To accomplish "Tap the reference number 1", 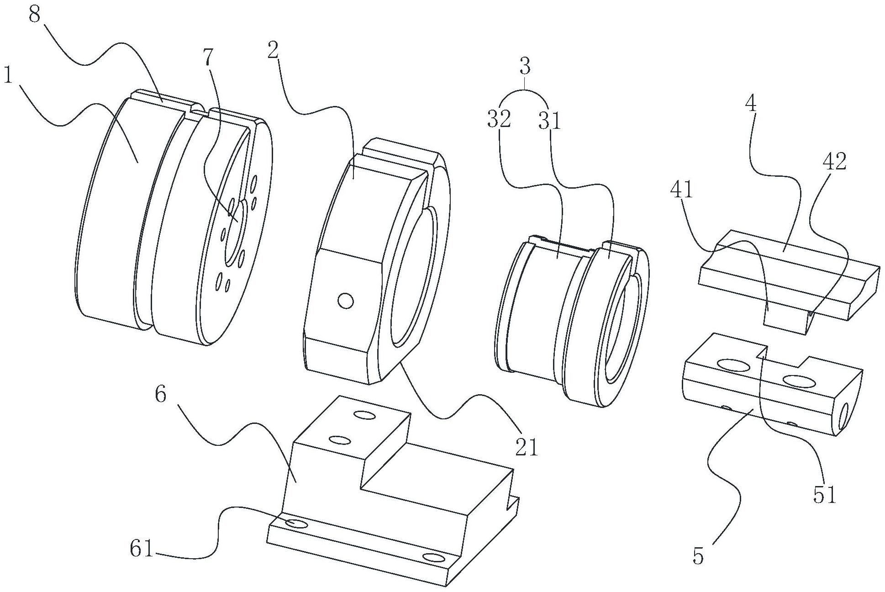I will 8,75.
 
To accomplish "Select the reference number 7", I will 208,58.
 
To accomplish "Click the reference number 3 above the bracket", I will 525,67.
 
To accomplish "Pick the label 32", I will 498,120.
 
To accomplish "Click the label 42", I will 834,161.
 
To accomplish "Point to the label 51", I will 824,495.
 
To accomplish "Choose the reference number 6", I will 161,394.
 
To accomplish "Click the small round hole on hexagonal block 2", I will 345,301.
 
